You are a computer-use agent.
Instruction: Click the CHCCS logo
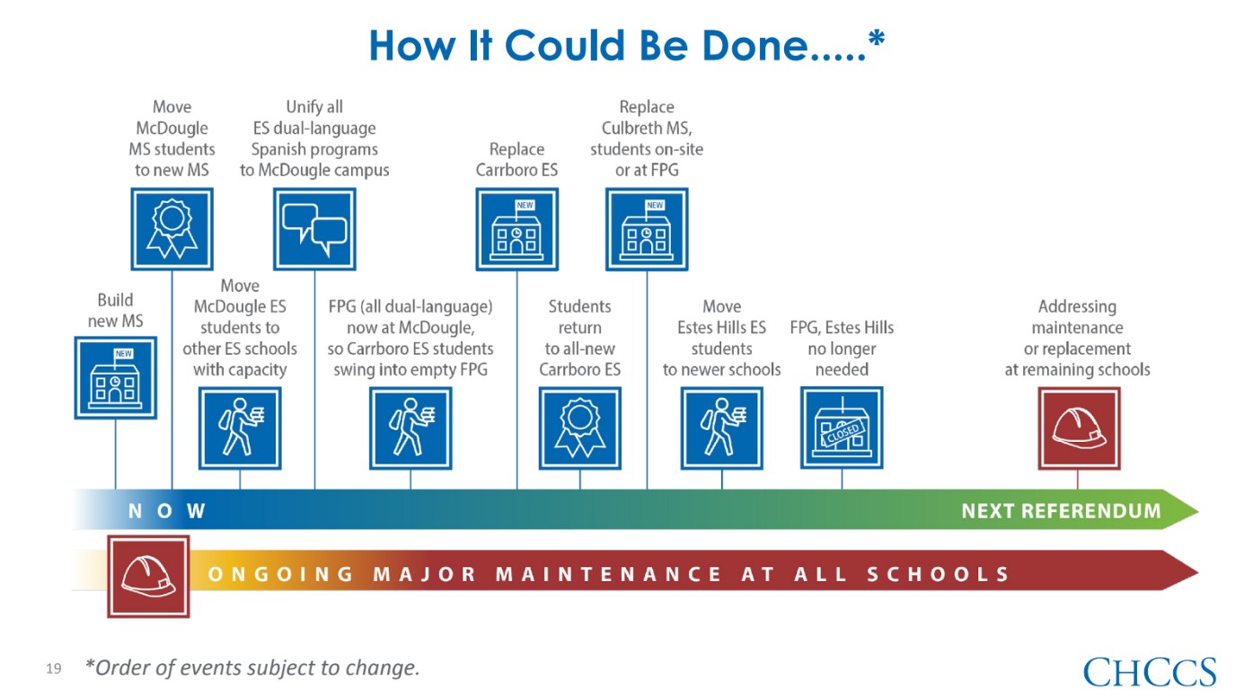click(x=1150, y=671)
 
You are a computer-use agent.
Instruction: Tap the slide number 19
click(x=54, y=668)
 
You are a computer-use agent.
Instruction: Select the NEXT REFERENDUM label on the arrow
click(x=1061, y=510)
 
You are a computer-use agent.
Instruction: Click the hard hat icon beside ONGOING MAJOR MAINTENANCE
click(x=148, y=577)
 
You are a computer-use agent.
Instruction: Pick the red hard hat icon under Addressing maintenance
click(x=1079, y=429)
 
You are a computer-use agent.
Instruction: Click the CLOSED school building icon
click(x=842, y=428)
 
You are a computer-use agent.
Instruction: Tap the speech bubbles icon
click(x=314, y=229)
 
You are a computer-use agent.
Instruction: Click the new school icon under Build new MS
click(x=116, y=377)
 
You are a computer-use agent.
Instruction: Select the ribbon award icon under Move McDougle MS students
click(x=172, y=229)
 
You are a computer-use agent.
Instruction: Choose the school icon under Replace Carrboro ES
click(x=516, y=229)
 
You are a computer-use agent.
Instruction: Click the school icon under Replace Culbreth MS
click(x=647, y=229)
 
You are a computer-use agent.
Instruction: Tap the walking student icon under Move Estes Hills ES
click(x=721, y=429)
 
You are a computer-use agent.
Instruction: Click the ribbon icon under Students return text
click(x=580, y=429)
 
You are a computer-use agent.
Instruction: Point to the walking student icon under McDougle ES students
click(x=240, y=429)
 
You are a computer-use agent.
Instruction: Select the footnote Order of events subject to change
click(x=252, y=667)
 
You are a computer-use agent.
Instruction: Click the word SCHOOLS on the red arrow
click(x=938, y=574)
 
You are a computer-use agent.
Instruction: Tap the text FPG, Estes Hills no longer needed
click(x=842, y=349)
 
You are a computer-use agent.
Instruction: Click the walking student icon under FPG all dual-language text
click(x=410, y=429)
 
